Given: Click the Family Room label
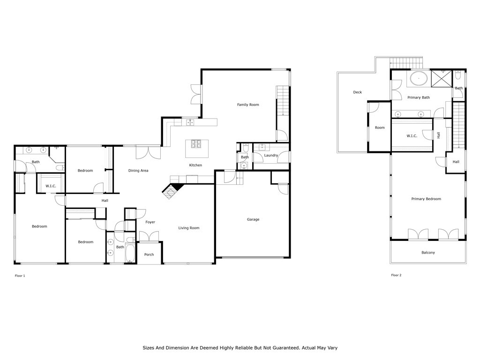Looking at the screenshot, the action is pyautogui.click(x=248, y=105).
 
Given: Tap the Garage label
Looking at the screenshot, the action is pyautogui.click(x=253, y=219).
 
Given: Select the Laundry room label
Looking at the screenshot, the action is pyautogui.click(x=271, y=156).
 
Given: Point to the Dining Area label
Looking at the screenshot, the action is pyautogui.click(x=138, y=171).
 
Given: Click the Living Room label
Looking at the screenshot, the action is pyautogui.click(x=189, y=228).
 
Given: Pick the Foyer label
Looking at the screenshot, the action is pyautogui.click(x=150, y=222).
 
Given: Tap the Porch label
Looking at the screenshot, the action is pyautogui.click(x=149, y=255).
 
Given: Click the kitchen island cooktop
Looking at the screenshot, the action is pyautogui.click(x=196, y=144).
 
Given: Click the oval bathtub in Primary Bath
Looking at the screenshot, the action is pyautogui.click(x=419, y=79).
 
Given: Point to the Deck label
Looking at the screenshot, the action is pyautogui.click(x=358, y=92).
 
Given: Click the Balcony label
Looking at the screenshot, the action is pyautogui.click(x=428, y=253).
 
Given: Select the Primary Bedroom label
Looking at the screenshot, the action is pyautogui.click(x=426, y=199).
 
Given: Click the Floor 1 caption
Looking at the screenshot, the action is pyautogui.click(x=20, y=276).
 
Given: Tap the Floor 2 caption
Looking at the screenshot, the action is pyautogui.click(x=396, y=275).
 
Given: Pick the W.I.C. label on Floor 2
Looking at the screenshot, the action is pyautogui.click(x=412, y=136).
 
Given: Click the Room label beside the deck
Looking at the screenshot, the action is pyautogui.click(x=380, y=127).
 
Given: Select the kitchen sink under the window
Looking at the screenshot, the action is pyautogui.click(x=190, y=122).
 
